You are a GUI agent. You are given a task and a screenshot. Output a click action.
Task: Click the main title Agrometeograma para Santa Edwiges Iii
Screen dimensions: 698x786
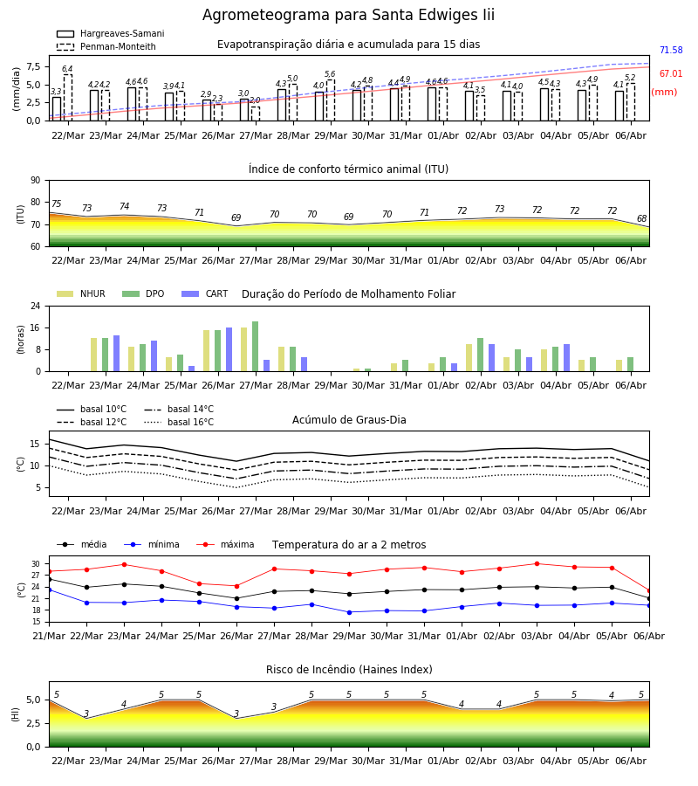click(348, 15)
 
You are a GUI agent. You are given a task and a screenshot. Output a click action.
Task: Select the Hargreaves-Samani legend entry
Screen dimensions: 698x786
click(110, 33)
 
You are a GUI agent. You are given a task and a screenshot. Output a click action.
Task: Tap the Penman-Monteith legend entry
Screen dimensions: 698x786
click(106, 46)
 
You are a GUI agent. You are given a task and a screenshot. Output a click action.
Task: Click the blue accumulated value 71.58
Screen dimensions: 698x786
click(671, 50)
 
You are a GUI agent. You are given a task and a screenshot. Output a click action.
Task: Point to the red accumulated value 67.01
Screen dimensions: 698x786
click(671, 73)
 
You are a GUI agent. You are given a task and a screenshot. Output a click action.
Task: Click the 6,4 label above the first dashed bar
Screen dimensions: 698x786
click(67, 69)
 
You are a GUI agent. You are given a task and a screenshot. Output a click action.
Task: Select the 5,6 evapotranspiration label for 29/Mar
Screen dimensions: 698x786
click(330, 73)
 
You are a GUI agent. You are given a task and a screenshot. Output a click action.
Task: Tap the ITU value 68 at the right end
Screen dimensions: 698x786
click(642, 218)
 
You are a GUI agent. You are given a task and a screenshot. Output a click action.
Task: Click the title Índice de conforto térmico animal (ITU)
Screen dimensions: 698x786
click(348, 169)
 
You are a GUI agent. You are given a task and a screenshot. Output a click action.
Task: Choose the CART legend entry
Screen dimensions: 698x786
click(205, 293)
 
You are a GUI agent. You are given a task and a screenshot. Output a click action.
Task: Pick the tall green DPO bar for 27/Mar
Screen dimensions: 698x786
click(256, 347)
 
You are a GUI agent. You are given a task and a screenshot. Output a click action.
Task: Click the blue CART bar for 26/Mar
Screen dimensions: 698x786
click(229, 349)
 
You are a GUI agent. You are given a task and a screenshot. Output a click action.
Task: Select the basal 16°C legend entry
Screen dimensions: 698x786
click(179, 422)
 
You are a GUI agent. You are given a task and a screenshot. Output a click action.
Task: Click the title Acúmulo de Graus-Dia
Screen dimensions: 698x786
click(349, 419)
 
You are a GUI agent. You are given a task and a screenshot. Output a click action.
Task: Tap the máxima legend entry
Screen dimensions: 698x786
click(225, 544)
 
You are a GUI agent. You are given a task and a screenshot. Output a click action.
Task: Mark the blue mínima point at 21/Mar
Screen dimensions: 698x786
click(49, 590)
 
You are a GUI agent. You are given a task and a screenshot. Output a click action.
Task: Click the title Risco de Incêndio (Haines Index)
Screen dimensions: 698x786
click(349, 670)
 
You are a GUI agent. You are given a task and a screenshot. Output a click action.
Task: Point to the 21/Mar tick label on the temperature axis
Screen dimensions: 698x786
click(49, 636)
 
